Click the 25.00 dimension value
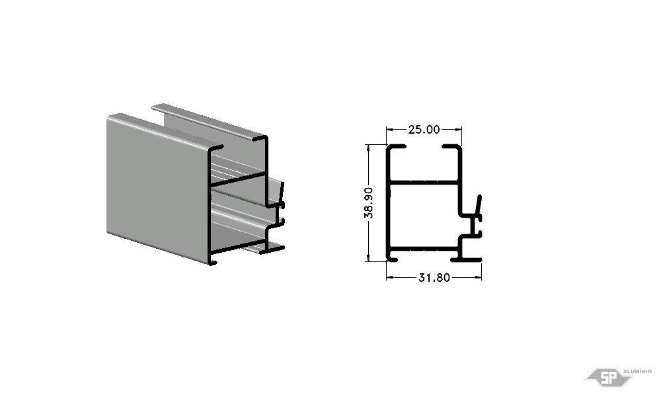pos(424,130)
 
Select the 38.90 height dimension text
pos(369,203)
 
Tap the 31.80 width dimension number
pos(434,278)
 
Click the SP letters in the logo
pos(609,376)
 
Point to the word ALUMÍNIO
pos(637,371)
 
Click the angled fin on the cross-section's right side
pos(478,206)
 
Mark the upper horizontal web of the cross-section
pos(423,183)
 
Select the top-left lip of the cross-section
pos(397,148)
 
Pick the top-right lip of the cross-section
pos(451,148)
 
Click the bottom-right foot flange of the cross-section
pos(466,259)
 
